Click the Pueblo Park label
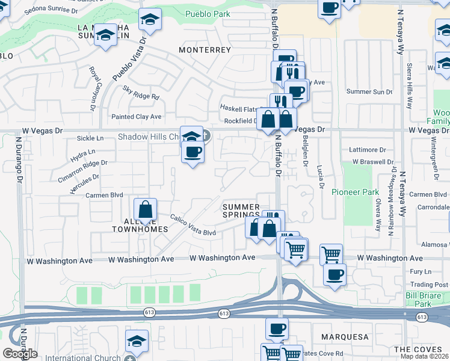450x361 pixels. pyautogui.click(x=208, y=14)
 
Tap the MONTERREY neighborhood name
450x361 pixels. pyautogui.click(x=205, y=50)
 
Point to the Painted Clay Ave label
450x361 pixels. pyautogui.click(x=137, y=117)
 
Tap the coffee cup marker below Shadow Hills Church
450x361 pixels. pyautogui.click(x=193, y=152)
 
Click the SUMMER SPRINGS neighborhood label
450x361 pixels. pyautogui.click(x=241, y=211)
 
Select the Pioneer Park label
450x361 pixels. pyautogui.click(x=355, y=193)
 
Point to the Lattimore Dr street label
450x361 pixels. pyautogui.click(x=368, y=149)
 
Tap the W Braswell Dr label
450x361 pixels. pyautogui.click(x=373, y=162)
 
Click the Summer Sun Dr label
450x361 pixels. pyautogui.click(x=369, y=91)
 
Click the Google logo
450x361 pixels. pyautogui.click(x=19, y=354)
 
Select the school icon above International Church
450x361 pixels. pyautogui.click(x=137, y=340)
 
